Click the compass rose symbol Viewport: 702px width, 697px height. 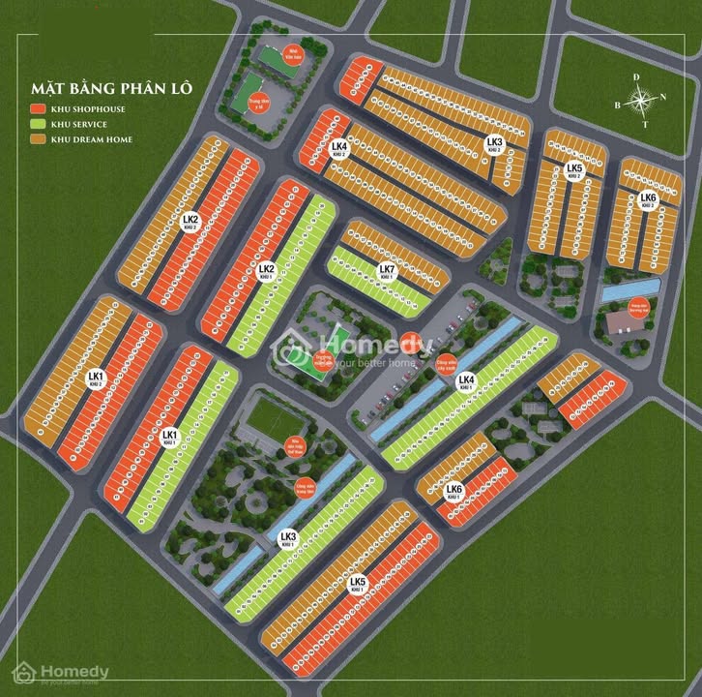point(640,99)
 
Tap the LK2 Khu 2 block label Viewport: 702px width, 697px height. point(190,223)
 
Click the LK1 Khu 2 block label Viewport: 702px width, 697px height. point(95,378)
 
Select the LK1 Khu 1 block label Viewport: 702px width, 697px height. point(170,438)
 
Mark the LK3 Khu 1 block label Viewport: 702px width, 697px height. point(287,539)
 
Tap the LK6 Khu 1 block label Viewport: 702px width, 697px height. point(453,493)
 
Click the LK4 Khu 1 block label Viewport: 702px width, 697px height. point(466,381)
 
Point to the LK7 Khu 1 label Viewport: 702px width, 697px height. point(386,271)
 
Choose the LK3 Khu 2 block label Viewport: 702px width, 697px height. point(494,144)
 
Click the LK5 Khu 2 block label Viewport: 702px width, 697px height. point(574,170)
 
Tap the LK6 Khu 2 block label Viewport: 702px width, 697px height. point(648,200)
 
